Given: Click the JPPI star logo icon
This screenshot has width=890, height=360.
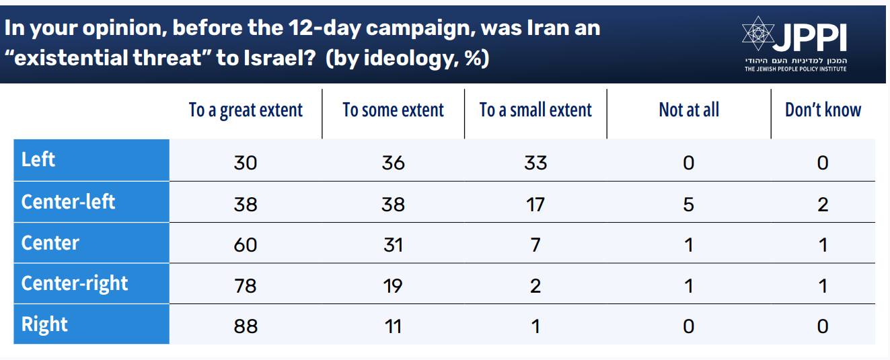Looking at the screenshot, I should [758, 33].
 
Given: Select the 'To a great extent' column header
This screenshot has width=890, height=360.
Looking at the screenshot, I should [246, 110].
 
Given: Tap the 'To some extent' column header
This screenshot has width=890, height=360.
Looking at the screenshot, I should [393, 110].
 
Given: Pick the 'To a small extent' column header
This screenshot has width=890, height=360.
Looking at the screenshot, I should [535, 110].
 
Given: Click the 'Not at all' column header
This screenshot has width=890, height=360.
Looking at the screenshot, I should [689, 110].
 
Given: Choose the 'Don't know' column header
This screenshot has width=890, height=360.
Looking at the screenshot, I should [823, 110].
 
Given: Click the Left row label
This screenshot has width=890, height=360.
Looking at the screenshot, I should [38, 160].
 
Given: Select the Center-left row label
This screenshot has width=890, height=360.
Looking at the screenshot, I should [68, 201].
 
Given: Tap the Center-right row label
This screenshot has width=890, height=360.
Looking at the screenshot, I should [75, 283].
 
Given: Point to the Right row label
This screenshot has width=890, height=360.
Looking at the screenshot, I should [45, 324].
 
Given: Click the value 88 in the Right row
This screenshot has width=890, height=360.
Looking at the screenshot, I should [246, 326].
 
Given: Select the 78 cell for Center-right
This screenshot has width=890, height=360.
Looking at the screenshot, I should [246, 285].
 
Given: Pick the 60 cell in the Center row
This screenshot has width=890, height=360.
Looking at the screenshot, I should [246, 244].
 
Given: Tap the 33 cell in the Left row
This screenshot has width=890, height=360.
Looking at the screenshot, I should [535, 163].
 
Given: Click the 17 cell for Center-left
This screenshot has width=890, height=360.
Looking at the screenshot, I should [535, 204].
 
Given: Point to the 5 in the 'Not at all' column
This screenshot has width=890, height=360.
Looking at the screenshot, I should [688, 204].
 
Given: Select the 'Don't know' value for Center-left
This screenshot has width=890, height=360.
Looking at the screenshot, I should [823, 204].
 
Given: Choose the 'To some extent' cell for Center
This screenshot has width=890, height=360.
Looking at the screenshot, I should [393, 244].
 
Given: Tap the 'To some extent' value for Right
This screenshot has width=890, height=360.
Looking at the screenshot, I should [393, 326].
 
